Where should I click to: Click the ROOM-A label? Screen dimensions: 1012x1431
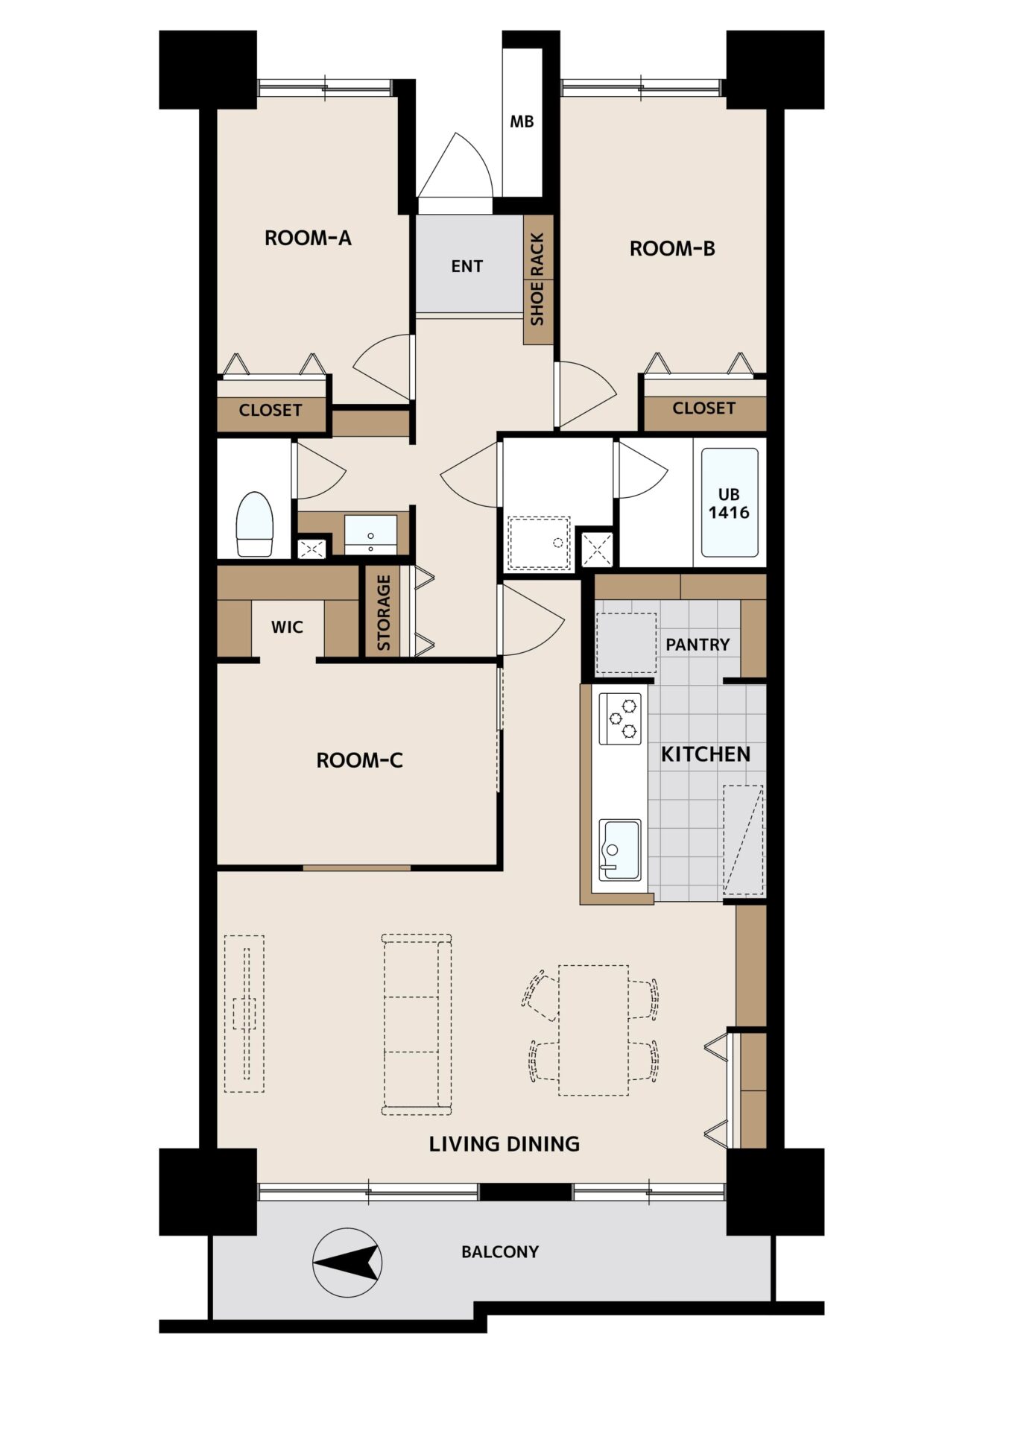[x=308, y=238]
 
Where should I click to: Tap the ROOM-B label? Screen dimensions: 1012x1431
[x=672, y=248]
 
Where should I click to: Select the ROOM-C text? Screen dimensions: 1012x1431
[x=359, y=760]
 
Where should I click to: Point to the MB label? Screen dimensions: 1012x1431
[x=522, y=121]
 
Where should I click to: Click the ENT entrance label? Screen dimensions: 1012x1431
[x=467, y=266]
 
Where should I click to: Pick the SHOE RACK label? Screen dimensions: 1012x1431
[x=537, y=279]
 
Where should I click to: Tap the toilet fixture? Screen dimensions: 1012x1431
[x=253, y=524]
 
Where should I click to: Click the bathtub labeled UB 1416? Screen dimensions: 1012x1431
[x=730, y=502]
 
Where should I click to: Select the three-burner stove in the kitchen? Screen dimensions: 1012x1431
[x=621, y=718]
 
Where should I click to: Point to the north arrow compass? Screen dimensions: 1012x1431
[x=347, y=1263]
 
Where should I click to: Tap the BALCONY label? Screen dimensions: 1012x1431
[x=500, y=1252]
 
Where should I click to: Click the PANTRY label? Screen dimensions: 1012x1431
[x=698, y=645]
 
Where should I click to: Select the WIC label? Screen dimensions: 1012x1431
[x=287, y=627]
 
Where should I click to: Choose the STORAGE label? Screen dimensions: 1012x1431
[x=384, y=613]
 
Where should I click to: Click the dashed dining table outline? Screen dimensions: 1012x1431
[x=593, y=1030]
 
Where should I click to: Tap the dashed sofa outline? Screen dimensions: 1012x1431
[x=417, y=1024]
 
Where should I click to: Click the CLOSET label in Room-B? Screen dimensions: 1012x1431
[x=703, y=408]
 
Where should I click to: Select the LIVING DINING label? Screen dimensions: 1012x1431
[x=504, y=1144]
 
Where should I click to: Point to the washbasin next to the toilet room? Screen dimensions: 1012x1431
[x=370, y=533]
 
